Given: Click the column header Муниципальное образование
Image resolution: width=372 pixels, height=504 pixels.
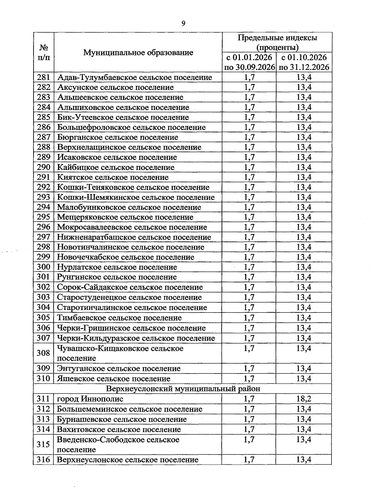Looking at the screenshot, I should click(x=138, y=52).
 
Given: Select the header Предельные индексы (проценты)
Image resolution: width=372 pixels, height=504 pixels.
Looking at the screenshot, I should click(x=277, y=42).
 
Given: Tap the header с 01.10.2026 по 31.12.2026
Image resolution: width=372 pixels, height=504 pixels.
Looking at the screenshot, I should click(x=304, y=62).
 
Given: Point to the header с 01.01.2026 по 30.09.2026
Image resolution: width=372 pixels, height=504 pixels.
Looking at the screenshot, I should click(x=249, y=62).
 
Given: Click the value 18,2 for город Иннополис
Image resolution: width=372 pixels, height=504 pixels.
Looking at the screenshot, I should click(x=304, y=399).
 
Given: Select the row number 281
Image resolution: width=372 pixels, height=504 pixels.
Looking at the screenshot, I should click(x=43, y=77).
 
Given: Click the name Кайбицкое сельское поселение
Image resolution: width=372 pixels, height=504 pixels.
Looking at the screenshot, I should click(x=116, y=167).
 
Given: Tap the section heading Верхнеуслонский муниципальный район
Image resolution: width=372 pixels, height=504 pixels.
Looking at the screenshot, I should click(x=183, y=389).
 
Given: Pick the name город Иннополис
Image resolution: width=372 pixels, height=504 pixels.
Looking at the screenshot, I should click(x=90, y=399).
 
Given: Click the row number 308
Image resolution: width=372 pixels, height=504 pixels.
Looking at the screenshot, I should click(x=43, y=353).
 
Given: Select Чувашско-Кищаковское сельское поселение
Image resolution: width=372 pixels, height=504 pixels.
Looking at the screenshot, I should click(x=120, y=353).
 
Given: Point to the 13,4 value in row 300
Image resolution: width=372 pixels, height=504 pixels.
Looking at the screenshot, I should click(x=304, y=267).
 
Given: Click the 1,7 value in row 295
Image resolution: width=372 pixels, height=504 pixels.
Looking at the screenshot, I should click(x=249, y=217).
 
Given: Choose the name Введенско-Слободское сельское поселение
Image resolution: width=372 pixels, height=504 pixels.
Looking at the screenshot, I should click(x=118, y=444).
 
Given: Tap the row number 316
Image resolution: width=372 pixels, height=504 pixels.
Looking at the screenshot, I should click(x=43, y=459).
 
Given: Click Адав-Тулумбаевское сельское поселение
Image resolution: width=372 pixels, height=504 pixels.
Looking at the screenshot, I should click(x=135, y=77).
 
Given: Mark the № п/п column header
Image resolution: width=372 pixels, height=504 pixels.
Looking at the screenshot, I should click(x=43, y=52).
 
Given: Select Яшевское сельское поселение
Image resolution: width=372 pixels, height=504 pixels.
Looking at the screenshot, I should click(x=113, y=378).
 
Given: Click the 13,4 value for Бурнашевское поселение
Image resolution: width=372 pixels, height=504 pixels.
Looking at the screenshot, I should click(x=304, y=419).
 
